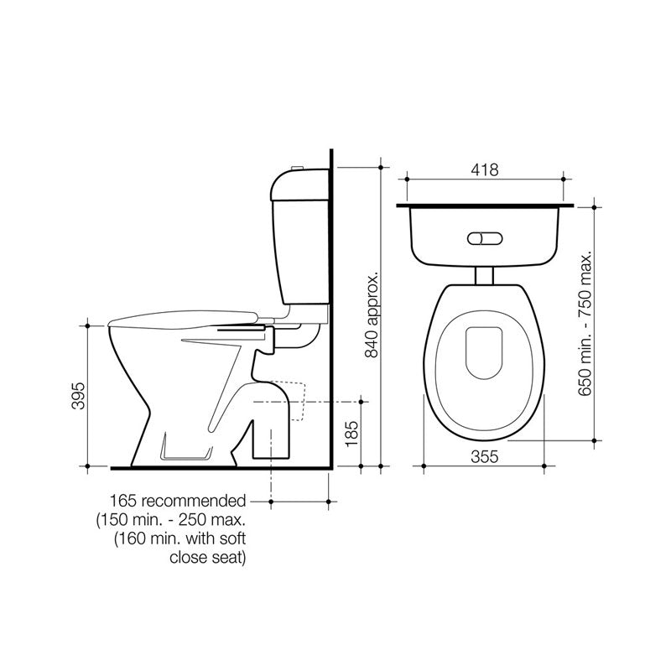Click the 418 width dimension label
point(485,169)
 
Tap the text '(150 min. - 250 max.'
point(172,519)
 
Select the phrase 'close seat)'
point(208,556)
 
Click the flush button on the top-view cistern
point(486,238)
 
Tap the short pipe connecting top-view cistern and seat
point(485,276)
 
